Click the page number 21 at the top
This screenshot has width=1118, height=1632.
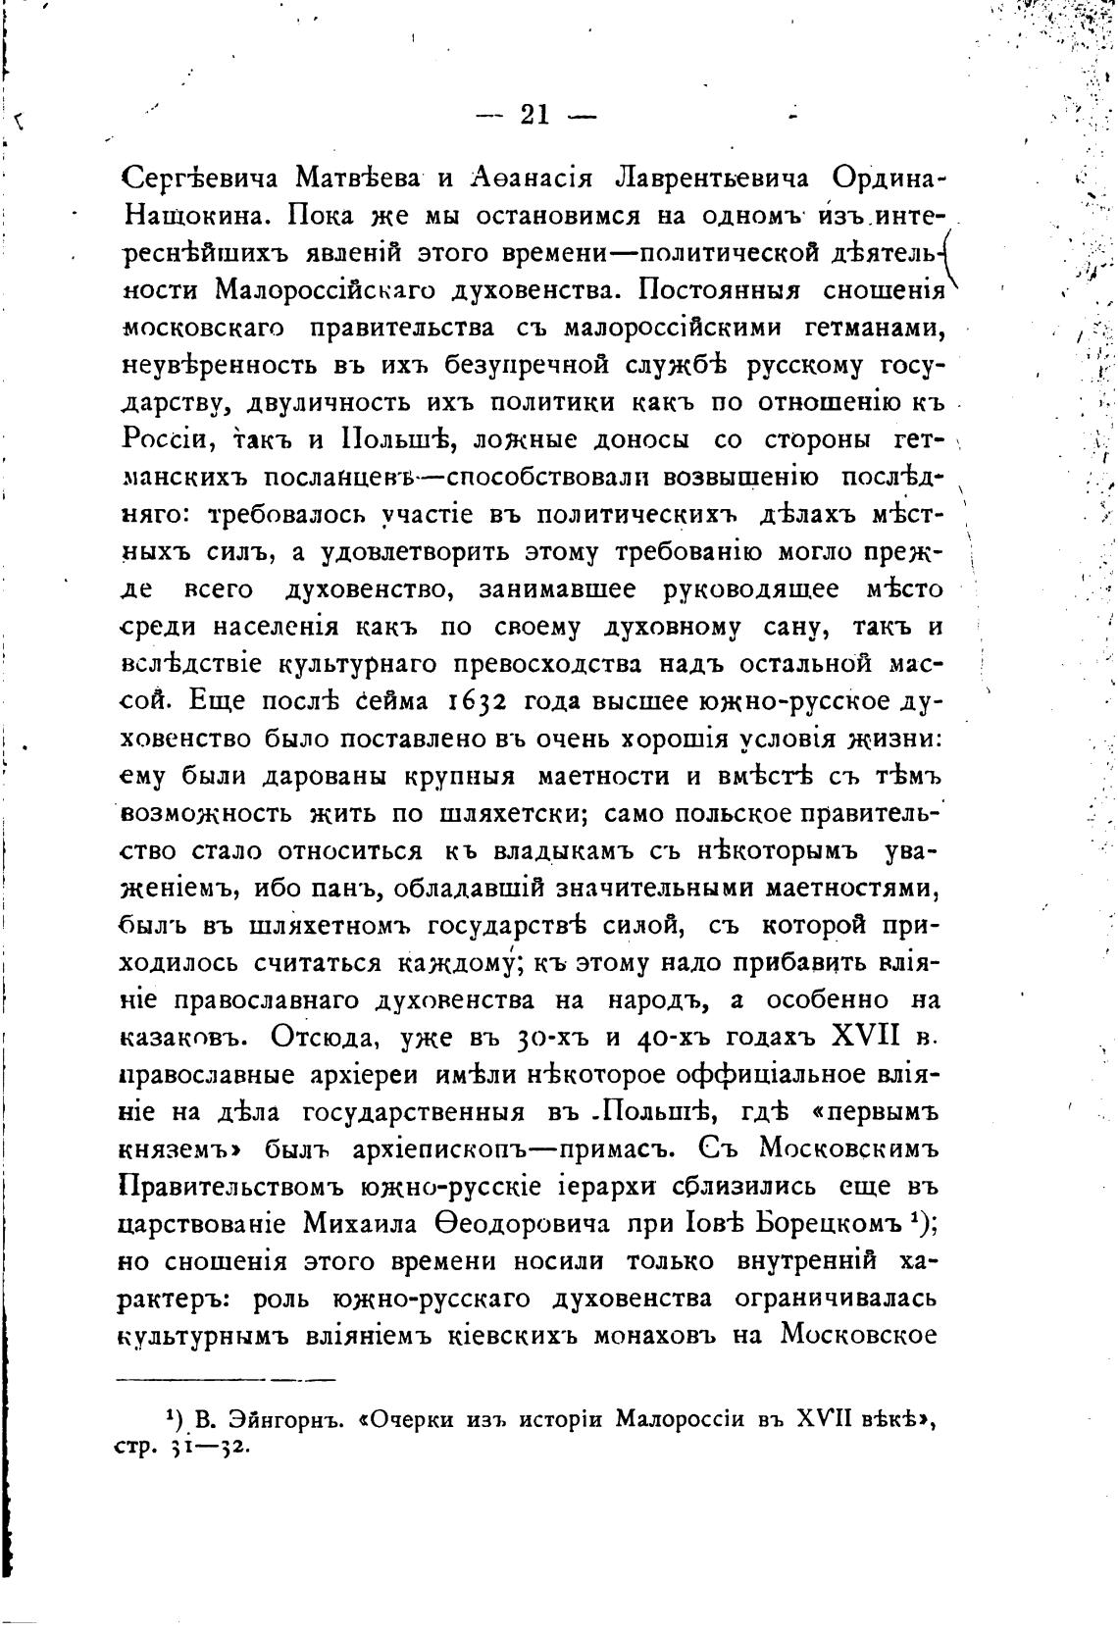tap(534, 117)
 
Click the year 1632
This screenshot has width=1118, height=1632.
tap(460, 702)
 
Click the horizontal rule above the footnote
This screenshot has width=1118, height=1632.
tap(225, 1380)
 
